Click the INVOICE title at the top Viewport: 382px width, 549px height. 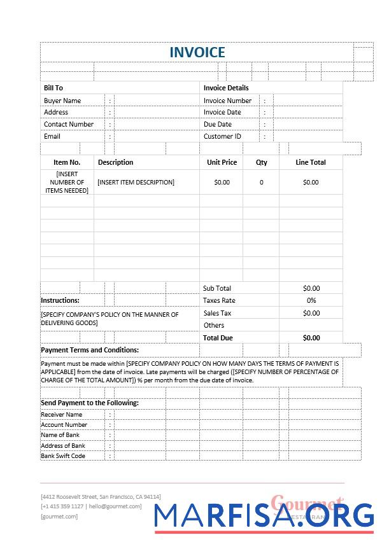tap(197, 52)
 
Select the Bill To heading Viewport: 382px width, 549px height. tap(53, 88)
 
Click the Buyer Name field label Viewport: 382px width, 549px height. tap(62, 101)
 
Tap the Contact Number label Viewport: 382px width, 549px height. tap(69, 124)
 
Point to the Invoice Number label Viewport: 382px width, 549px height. tap(227, 101)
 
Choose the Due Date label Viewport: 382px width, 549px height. tap(218, 124)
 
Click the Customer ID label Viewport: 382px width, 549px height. tap(222, 136)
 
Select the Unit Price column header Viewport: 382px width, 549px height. tap(222, 162)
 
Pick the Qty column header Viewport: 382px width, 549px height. tap(262, 162)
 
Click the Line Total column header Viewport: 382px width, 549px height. tap(311, 162)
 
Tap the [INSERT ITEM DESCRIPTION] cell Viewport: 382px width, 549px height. tap(136, 182)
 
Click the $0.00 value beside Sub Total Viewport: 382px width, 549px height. tap(311, 288)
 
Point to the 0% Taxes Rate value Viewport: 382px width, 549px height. tap(311, 300)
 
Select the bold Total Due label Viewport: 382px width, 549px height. tap(218, 338)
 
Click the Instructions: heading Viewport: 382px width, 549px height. tap(60, 300)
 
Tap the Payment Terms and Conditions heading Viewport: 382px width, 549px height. tap(90, 350)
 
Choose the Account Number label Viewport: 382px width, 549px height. tap(64, 425)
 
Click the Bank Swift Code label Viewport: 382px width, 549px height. tap(63, 456)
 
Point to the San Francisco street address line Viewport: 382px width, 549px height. tap(101, 496)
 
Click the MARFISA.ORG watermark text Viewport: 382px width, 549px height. tap(264, 517)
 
